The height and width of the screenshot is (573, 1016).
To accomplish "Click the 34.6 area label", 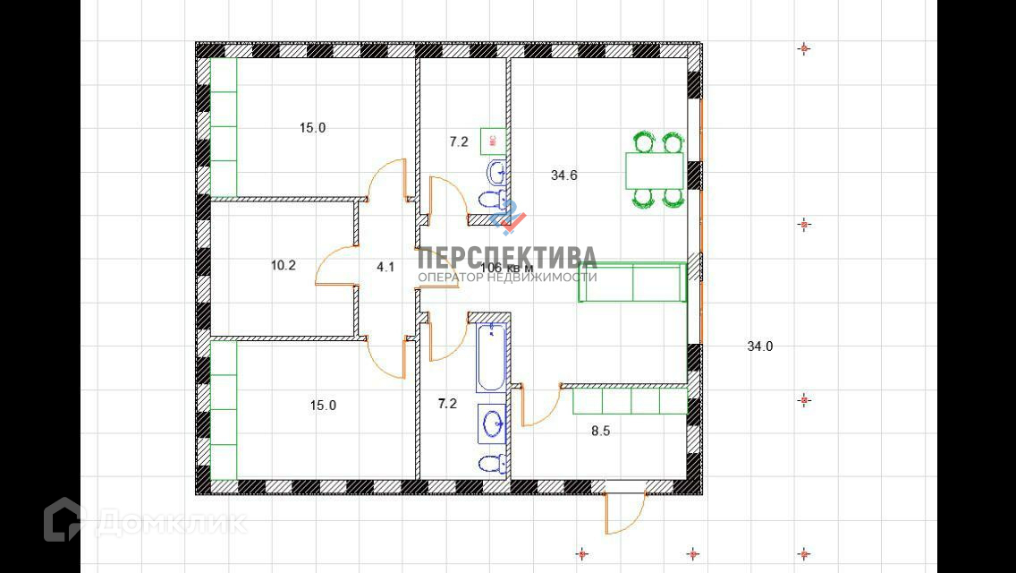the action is click(563, 175).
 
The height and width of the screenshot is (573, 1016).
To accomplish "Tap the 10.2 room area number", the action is click(284, 265).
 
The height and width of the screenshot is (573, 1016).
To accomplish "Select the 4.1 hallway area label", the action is click(385, 267).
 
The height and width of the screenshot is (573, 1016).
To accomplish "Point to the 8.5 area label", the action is click(601, 431).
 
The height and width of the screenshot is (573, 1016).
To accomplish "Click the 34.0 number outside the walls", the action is click(760, 346).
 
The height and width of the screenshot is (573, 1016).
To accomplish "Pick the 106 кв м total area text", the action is click(507, 268).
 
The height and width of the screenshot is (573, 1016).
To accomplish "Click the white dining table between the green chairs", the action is click(654, 170).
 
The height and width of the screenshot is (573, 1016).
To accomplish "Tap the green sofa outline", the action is click(631, 283).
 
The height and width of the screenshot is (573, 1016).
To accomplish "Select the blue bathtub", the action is click(490, 357).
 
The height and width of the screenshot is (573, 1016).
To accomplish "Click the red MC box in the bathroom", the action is click(493, 140).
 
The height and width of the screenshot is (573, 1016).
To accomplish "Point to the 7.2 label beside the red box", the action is click(459, 141).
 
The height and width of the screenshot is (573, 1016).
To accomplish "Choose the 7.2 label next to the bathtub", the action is click(447, 404).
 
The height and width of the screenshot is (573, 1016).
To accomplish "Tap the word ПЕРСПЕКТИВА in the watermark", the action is click(507, 257).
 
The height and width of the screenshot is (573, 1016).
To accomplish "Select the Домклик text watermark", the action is click(171, 522).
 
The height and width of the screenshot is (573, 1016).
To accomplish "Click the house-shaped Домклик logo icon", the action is click(63, 519).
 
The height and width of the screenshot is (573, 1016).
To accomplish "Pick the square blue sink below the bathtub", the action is click(492, 423).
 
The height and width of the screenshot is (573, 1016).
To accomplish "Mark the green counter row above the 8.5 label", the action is click(630, 400).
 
